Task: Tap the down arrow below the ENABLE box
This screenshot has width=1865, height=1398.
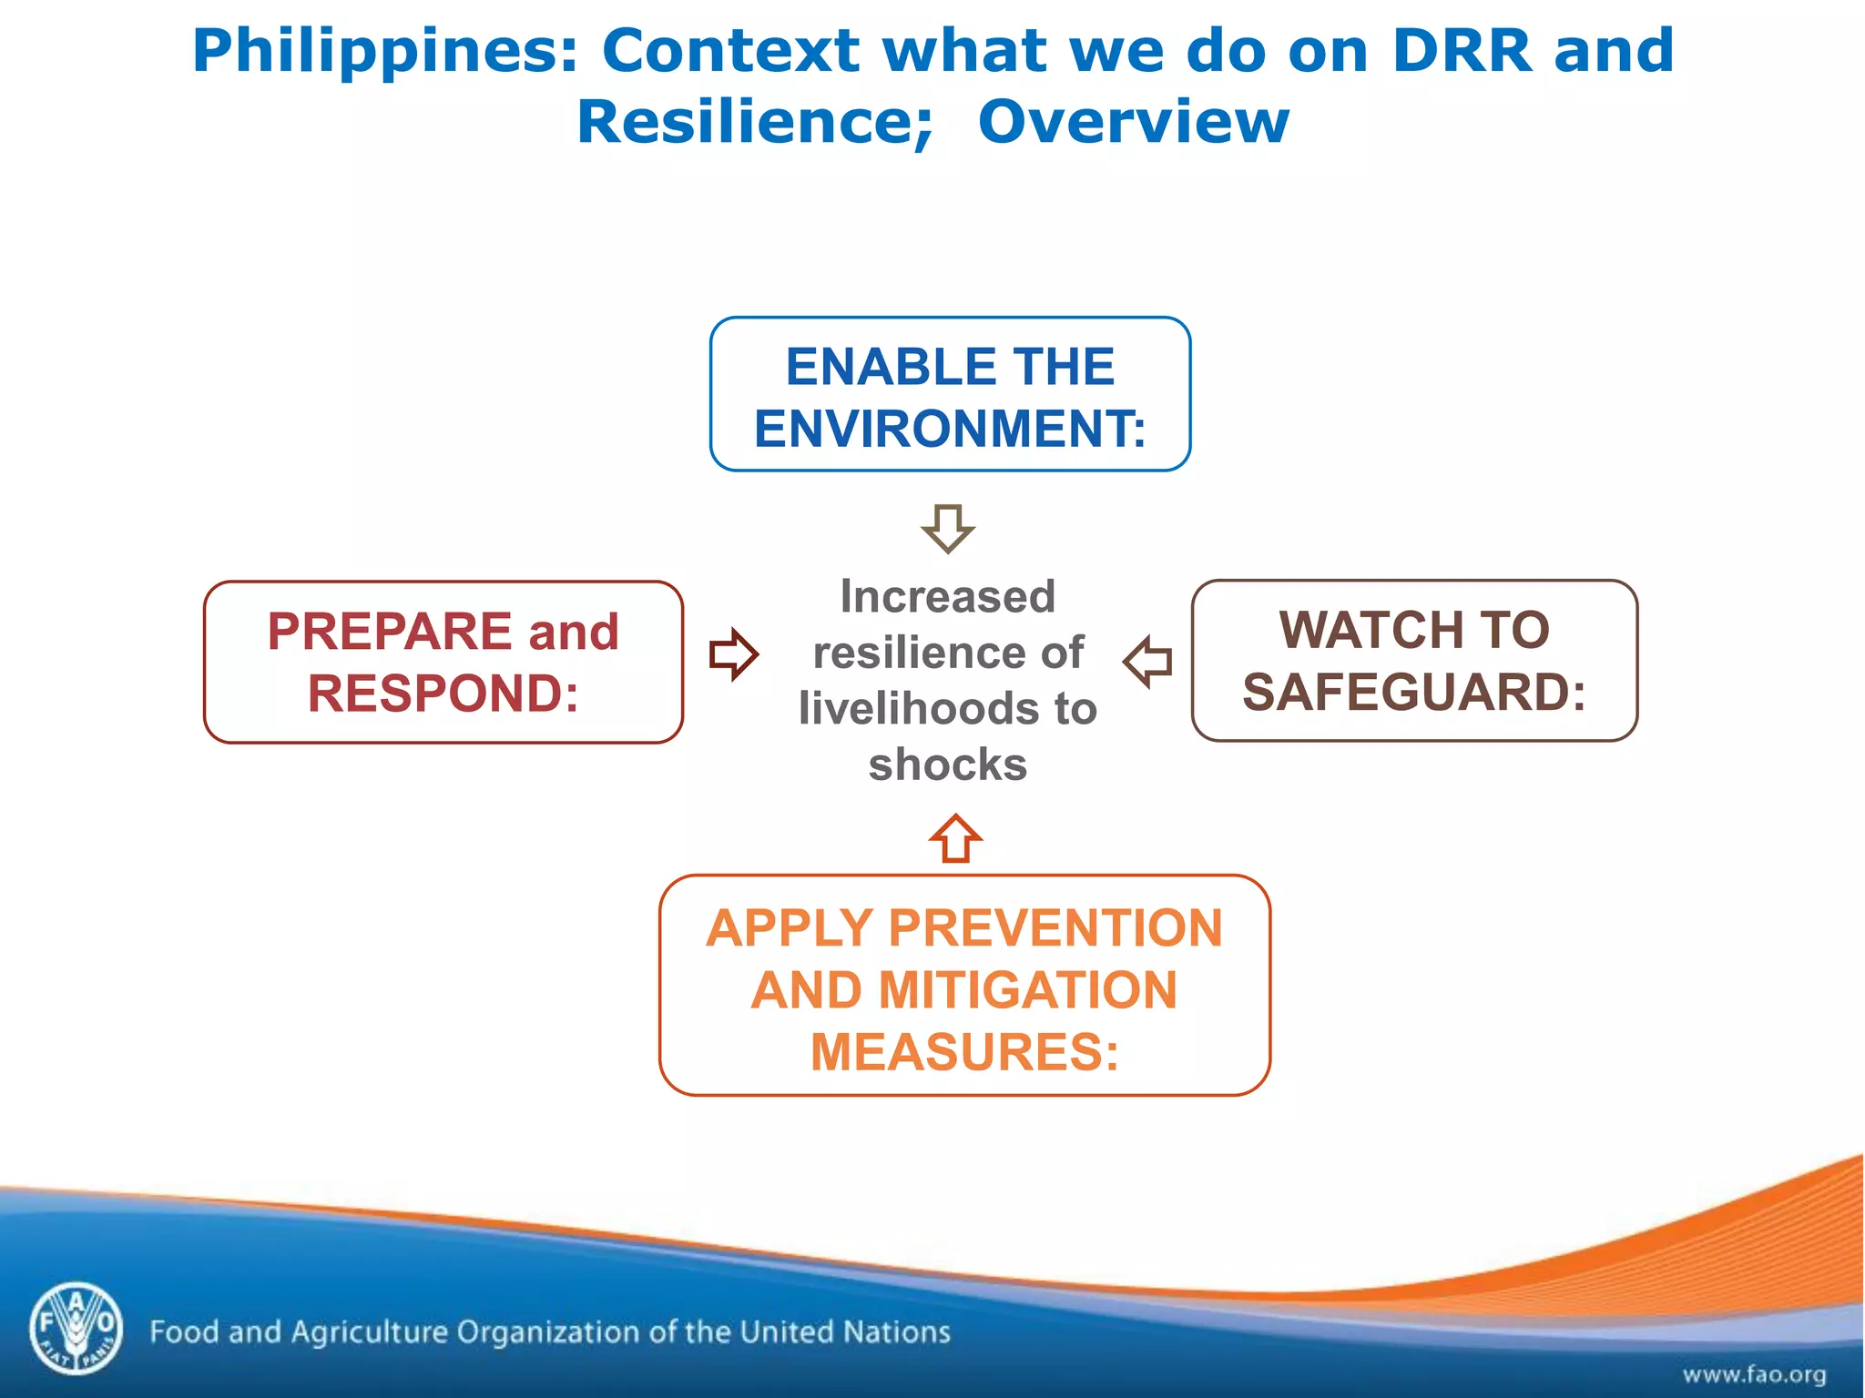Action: click(x=948, y=528)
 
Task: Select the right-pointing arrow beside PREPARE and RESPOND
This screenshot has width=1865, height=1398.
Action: click(x=734, y=654)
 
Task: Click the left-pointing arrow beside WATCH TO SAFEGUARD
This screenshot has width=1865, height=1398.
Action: click(x=1148, y=661)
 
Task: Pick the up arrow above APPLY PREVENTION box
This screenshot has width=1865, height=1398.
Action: click(x=955, y=838)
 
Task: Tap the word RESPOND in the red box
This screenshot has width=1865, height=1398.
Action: click(x=443, y=694)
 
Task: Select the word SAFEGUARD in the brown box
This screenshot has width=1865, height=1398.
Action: click(x=1413, y=692)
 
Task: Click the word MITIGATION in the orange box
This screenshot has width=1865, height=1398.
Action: click(x=1028, y=990)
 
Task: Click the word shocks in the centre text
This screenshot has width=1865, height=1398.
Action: click(x=948, y=765)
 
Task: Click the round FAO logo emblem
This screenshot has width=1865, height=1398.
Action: click(x=76, y=1328)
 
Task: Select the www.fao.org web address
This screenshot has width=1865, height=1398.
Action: click(x=1753, y=1373)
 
